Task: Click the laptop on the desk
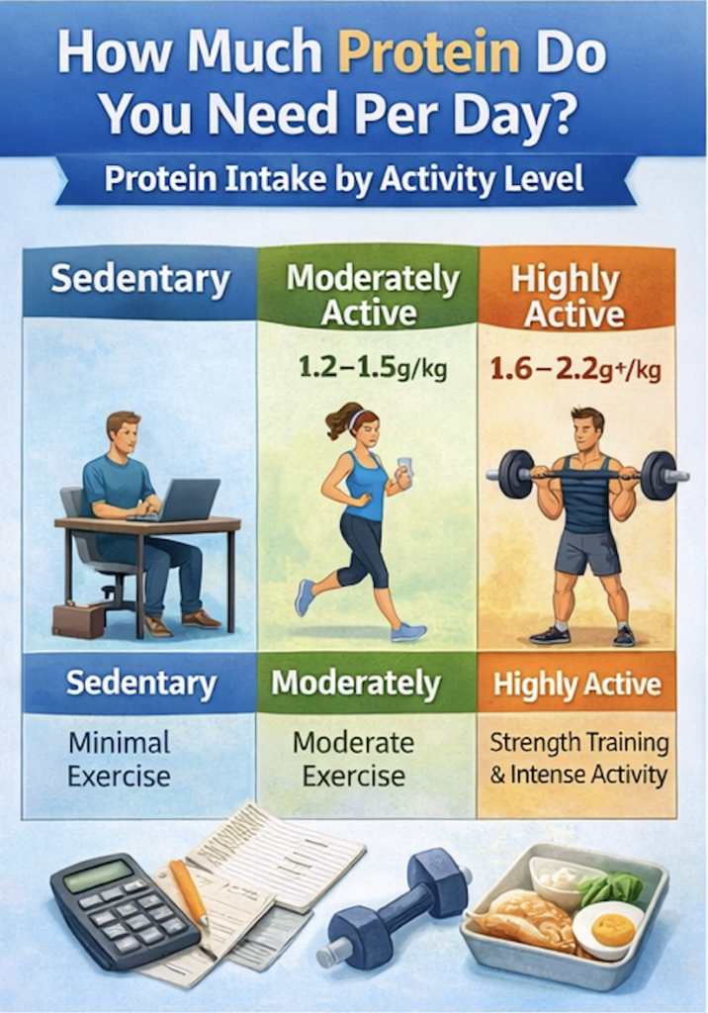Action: click(x=188, y=500)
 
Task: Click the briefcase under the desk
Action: click(x=78, y=619)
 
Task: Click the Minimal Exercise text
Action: click(x=119, y=759)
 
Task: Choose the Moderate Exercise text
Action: click(x=353, y=759)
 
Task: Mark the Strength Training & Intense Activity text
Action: click(x=578, y=759)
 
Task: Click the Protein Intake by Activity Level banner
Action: click(x=344, y=181)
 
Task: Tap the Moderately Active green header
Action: click(x=372, y=295)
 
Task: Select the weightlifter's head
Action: click(x=585, y=429)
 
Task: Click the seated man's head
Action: click(x=124, y=433)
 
